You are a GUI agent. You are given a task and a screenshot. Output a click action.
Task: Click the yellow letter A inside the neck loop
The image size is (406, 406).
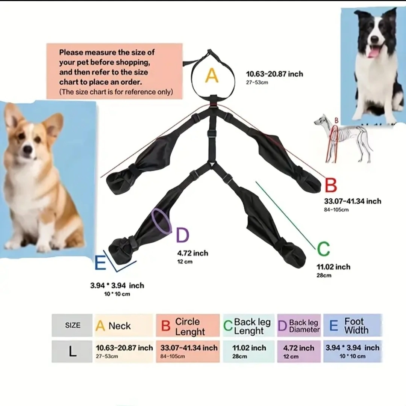[212, 75]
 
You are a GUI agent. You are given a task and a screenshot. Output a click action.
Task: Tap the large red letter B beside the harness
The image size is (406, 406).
[331, 185]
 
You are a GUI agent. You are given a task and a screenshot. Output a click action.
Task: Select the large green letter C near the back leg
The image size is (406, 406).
[323, 249]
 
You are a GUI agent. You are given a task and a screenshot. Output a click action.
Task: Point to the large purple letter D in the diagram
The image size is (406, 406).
[182, 235]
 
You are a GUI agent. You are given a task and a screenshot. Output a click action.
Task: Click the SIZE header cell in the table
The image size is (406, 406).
[72, 325]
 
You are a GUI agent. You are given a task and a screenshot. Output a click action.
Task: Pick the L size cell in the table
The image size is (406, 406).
[72, 352]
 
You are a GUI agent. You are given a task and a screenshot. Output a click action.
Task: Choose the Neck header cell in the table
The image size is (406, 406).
[124, 325]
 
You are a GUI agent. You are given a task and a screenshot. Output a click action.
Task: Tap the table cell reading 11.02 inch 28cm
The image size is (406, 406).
[249, 352]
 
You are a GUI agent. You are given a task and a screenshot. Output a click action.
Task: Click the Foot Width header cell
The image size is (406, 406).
[353, 325]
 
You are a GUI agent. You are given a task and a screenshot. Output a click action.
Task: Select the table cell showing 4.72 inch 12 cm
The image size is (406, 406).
[299, 352]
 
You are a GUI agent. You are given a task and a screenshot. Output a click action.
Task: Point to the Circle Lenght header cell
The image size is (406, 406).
[188, 325]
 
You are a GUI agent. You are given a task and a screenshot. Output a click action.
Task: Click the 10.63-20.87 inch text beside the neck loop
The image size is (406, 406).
[274, 74]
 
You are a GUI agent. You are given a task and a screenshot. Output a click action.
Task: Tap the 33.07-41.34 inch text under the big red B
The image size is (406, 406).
[353, 201]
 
